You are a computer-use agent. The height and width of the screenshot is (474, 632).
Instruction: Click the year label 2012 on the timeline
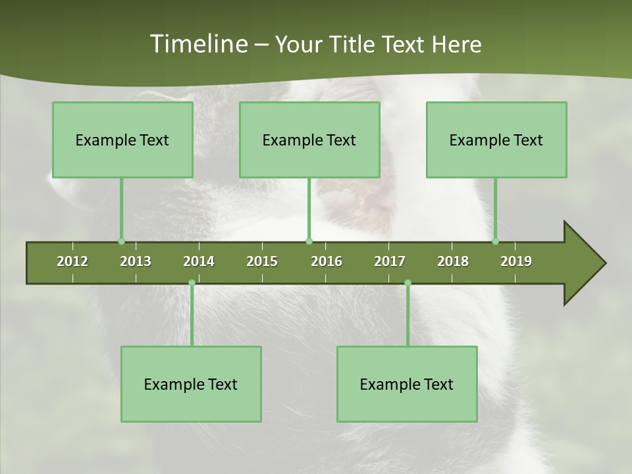click(72, 261)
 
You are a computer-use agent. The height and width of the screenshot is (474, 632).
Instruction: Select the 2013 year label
click(136, 261)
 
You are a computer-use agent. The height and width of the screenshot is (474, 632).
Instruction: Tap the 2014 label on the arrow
click(199, 261)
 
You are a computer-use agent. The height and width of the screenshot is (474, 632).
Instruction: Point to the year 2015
click(262, 261)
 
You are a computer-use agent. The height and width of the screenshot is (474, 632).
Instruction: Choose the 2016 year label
click(327, 261)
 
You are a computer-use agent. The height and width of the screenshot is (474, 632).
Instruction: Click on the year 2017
click(390, 261)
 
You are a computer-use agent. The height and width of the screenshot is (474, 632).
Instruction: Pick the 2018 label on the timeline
click(453, 261)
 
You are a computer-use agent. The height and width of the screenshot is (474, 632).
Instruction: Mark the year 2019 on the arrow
click(516, 261)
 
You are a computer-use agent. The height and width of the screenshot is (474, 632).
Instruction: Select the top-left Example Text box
click(122, 140)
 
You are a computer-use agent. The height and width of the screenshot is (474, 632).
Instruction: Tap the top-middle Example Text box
click(309, 140)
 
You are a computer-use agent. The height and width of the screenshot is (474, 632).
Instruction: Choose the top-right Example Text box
click(496, 140)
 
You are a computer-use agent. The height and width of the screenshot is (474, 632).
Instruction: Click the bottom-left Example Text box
click(191, 384)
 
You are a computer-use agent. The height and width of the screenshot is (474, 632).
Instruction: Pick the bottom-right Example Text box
click(407, 384)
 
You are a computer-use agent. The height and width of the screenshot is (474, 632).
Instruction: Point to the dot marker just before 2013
click(121, 241)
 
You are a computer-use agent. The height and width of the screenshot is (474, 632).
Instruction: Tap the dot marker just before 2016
click(309, 241)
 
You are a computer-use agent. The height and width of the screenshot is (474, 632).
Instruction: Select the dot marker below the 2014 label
click(192, 283)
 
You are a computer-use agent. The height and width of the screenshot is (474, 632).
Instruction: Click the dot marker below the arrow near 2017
click(408, 283)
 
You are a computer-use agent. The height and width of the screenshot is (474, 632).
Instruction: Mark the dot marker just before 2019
click(496, 241)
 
